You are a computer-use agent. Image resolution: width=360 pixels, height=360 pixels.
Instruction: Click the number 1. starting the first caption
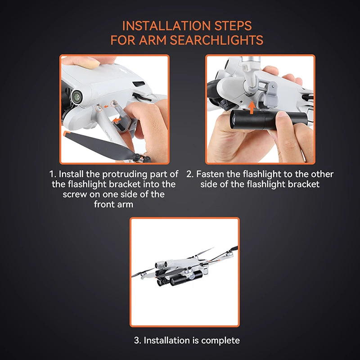pyautogui.click(x=53, y=174)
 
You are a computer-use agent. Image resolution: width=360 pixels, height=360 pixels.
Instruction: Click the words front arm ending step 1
pyautogui.click(x=114, y=204)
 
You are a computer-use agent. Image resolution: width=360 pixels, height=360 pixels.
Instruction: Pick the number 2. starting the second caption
pyautogui.click(x=190, y=174)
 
